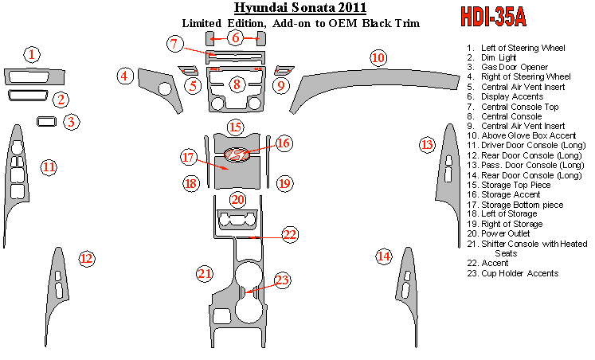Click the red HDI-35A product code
click(x=493, y=17)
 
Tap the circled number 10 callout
click(x=378, y=58)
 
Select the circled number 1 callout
click(x=32, y=54)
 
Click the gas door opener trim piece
click(x=47, y=121)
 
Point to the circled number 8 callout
click(x=237, y=84)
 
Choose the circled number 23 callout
click(x=282, y=280)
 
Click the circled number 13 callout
click(x=427, y=145)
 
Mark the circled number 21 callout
click(x=205, y=273)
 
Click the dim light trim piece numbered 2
click(x=28, y=96)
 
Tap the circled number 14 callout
click(x=384, y=256)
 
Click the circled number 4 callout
click(x=125, y=76)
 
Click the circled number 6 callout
click(x=235, y=37)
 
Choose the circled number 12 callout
click(x=87, y=259)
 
